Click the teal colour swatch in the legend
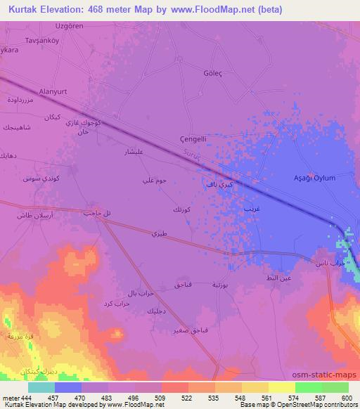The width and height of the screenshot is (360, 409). [x=41, y=387]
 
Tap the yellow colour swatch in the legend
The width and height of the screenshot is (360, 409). [x=283, y=387]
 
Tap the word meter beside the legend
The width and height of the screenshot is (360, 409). [x=9, y=398]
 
